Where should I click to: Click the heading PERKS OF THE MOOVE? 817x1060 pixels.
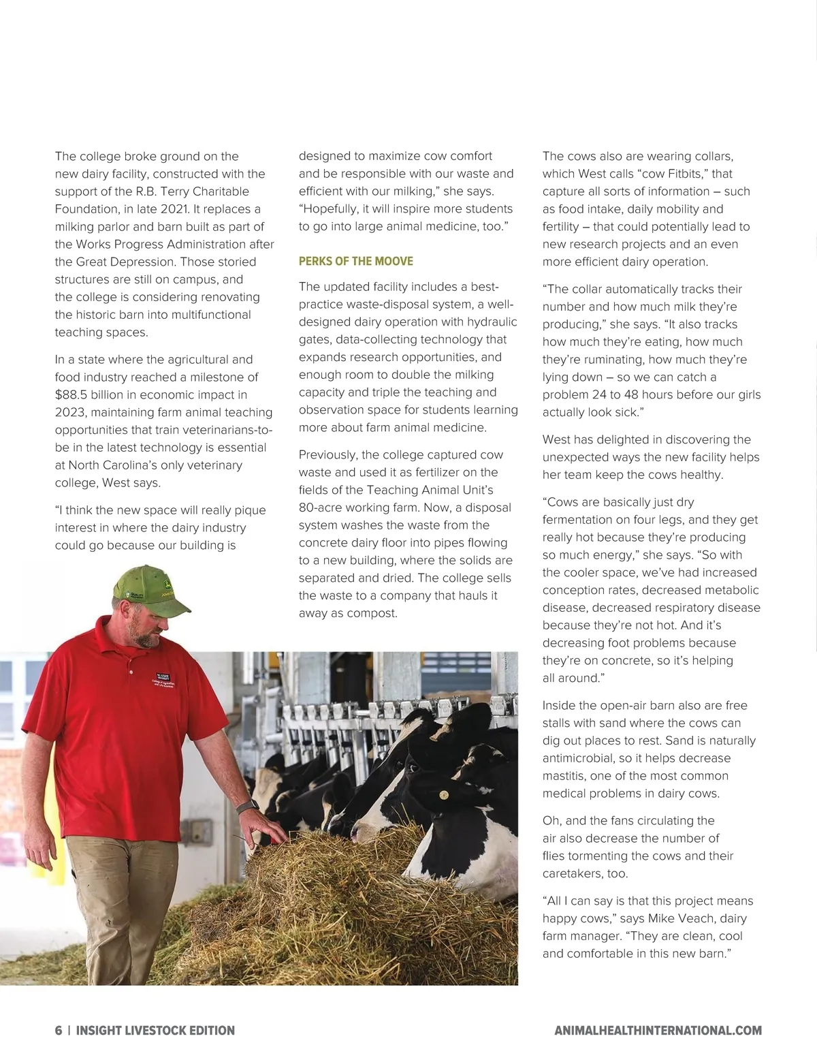[355, 262]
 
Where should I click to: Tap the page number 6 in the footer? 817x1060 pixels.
[59, 1031]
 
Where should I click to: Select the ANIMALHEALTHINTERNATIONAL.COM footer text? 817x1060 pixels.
[658, 1031]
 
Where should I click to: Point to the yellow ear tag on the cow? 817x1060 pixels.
[444, 794]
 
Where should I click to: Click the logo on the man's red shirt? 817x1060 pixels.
[164, 678]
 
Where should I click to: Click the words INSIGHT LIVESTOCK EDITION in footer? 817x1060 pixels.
[155, 1031]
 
